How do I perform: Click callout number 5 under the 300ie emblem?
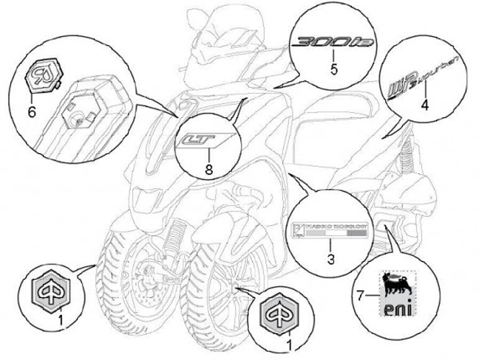coord(335,67)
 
